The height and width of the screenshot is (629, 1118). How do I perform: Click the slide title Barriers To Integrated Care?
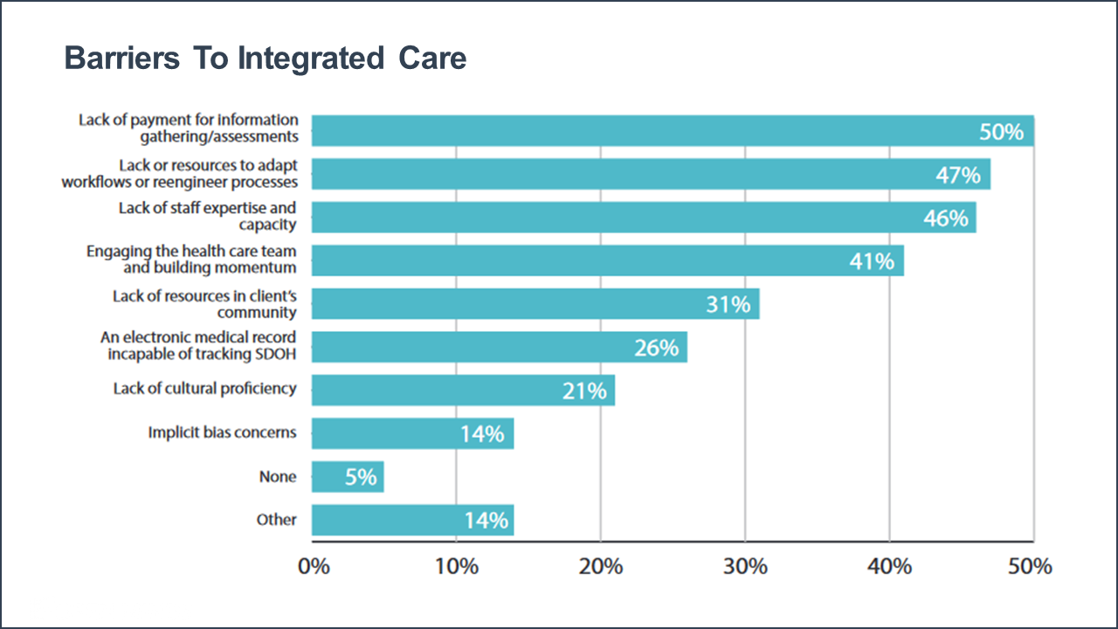click(266, 59)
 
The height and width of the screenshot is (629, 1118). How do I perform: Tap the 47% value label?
click(957, 175)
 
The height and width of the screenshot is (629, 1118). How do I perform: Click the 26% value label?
click(656, 348)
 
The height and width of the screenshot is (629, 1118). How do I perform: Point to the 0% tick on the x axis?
click(314, 566)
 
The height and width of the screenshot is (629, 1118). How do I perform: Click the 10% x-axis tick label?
click(457, 566)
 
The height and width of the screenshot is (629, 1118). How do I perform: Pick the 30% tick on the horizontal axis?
click(745, 566)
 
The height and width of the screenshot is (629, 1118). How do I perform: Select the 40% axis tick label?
click(889, 566)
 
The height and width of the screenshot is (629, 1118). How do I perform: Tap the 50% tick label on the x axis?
click(1031, 566)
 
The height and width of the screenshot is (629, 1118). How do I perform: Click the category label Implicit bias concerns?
click(222, 432)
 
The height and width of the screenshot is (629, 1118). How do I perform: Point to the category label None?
click(278, 477)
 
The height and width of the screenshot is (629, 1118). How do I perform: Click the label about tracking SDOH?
click(202, 346)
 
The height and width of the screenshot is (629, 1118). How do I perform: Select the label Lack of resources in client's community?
click(204, 304)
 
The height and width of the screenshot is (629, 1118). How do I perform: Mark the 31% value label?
click(728, 304)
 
